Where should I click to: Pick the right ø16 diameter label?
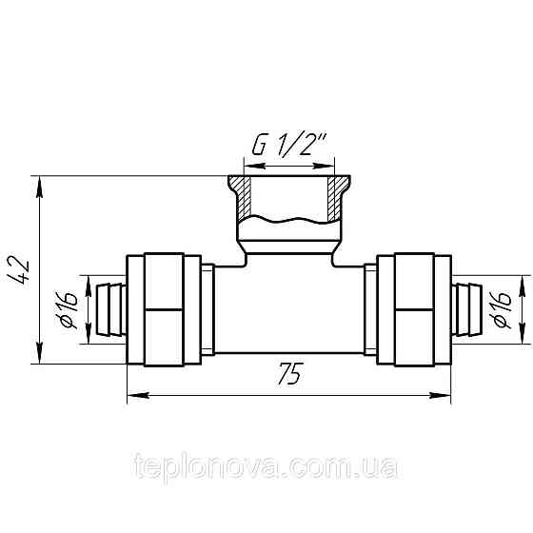click(x=503, y=308)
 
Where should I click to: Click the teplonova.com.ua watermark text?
click(x=267, y=468)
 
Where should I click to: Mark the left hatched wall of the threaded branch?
click(x=244, y=197)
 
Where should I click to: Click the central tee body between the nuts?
click(x=287, y=308)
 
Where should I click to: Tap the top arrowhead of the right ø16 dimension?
click(x=522, y=283)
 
